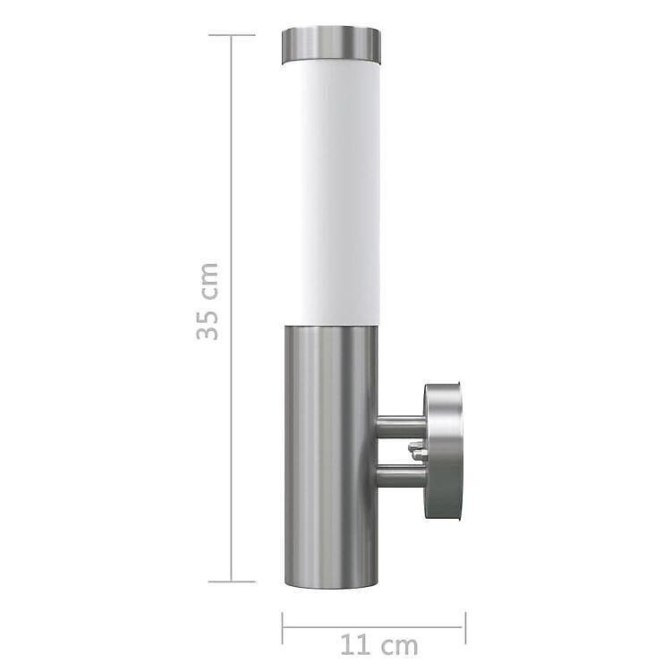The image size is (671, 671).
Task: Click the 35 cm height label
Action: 208,302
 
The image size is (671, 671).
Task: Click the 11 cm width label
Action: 379,646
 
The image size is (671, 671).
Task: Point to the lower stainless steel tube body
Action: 331,456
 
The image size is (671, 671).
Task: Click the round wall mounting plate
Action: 444,452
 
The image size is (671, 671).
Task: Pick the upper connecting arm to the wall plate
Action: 401,427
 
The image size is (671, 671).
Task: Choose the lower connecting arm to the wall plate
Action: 401,476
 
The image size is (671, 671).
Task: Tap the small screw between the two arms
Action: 416,452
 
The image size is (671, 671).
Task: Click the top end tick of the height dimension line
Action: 232,35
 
